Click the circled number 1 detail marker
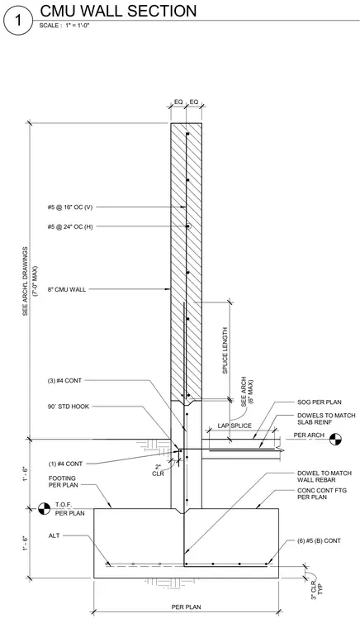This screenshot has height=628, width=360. click(17, 21)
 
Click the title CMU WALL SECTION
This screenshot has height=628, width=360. click(118, 11)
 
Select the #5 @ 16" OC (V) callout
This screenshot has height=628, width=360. click(70, 207)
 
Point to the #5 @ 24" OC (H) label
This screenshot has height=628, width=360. click(70, 226)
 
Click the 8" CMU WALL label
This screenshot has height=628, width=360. click(67, 289)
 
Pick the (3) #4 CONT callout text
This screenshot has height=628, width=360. click(64, 380)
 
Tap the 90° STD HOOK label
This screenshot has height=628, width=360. click(68, 407)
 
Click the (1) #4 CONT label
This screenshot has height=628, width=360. click(65, 464)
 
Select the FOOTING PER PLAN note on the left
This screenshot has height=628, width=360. click(64, 482)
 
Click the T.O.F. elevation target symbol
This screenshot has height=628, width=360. click(44, 509)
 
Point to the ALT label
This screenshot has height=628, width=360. click(54, 535)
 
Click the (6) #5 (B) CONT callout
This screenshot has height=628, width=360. click(319, 540)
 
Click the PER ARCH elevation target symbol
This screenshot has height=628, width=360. click(335, 440)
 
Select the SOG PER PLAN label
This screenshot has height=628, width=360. click(320, 402)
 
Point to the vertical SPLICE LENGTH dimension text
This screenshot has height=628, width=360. click(225, 350)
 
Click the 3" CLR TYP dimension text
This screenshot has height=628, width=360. click(317, 589)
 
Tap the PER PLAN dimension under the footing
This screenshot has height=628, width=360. click(187, 607)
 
